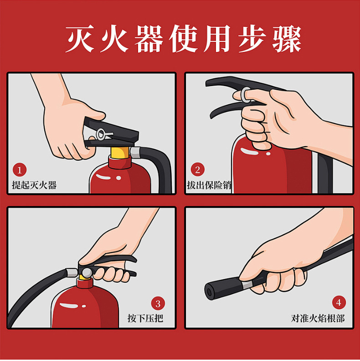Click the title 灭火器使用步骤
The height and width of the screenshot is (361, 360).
(183, 39)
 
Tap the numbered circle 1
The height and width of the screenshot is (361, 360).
(20, 170)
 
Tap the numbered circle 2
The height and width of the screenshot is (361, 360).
(197, 169)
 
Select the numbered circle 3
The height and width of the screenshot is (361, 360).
(158, 303)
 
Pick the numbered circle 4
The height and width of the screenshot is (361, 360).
(339, 302)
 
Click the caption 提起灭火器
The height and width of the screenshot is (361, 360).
(34, 185)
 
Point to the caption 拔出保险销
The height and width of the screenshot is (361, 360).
(209, 185)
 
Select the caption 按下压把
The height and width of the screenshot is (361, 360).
(145, 318)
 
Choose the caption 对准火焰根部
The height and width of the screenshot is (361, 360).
(318, 318)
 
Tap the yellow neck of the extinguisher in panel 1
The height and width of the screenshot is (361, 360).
(120, 153)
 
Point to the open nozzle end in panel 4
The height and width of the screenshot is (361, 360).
(210, 292)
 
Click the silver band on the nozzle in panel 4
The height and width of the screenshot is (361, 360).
(247, 285)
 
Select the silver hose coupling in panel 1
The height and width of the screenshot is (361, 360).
(135, 153)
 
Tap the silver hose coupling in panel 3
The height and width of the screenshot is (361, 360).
(72, 273)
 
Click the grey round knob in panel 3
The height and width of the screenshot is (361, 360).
(87, 273)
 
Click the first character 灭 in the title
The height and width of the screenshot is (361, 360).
(79, 39)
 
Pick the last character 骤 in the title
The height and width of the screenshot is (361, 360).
(287, 39)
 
